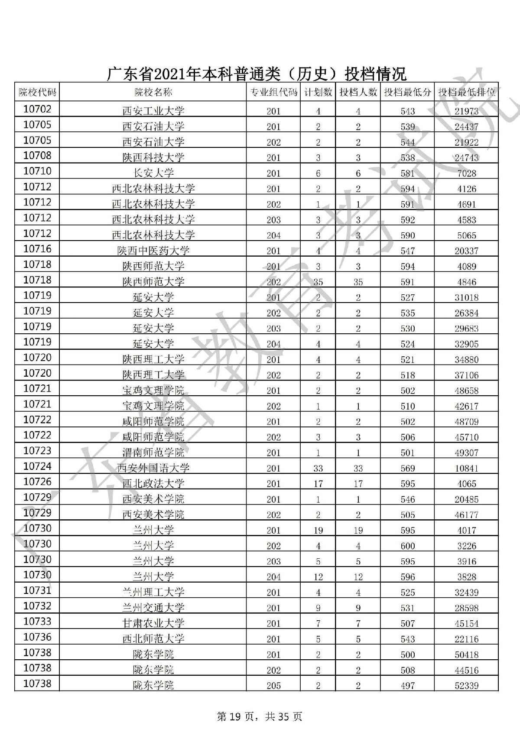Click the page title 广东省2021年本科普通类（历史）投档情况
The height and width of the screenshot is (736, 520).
[x=257, y=74]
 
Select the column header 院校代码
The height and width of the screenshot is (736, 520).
[x=37, y=92]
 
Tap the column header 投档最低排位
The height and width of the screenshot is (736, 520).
[x=466, y=92]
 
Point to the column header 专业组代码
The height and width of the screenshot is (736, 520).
[x=273, y=92]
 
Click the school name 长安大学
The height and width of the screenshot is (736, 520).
[x=153, y=173]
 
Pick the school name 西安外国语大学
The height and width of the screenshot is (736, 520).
[x=153, y=468]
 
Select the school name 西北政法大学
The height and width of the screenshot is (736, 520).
[x=153, y=484]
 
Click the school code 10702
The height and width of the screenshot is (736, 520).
[x=37, y=109]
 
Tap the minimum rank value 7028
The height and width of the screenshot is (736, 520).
[x=466, y=173]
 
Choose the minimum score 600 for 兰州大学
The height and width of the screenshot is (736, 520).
[x=407, y=546]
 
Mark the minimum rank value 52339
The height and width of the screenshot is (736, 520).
[x=466, y=686]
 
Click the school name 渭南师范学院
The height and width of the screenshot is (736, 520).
[x=153, y=453]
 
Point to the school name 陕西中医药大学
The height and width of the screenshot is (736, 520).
[x=153, y=251]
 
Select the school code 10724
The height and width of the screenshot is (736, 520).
[x=37, y=466]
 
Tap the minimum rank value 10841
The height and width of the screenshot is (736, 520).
[x=466, y=468]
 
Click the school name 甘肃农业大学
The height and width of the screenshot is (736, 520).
[x=153, y=623]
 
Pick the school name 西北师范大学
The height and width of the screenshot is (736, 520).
[x=153, y=639]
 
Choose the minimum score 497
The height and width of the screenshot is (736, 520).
[x=407, y=686]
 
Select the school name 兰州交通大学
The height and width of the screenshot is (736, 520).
[x=153, y=608]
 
